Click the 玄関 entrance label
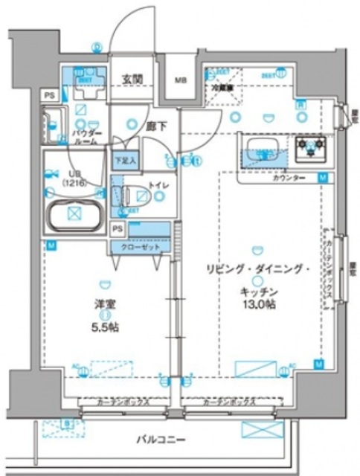pos(132,80)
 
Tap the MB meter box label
pos(181,80)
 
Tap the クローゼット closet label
pos(135,246)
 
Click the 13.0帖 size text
pos(257,305)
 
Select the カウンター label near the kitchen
pos(289,179)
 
